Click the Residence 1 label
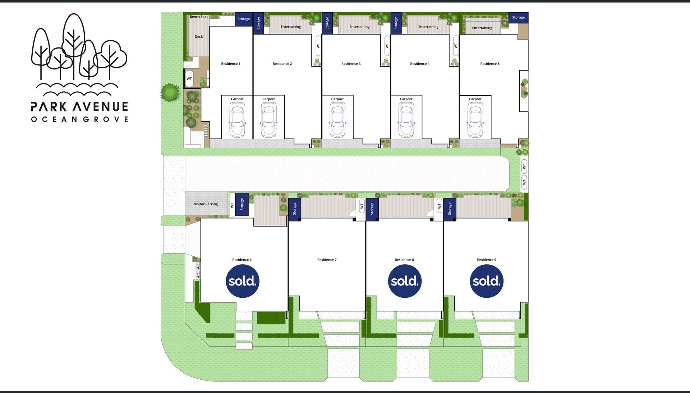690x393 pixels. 230,64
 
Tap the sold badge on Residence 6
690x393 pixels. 243,281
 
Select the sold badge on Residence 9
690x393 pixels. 487,281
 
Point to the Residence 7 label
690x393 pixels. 327,260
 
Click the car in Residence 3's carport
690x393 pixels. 337,120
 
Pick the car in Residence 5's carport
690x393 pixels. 475,120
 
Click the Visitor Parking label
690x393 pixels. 206,204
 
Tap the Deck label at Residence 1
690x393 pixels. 198,36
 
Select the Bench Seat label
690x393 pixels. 198,17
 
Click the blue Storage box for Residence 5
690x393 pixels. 518,17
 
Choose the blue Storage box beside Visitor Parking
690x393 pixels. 241,204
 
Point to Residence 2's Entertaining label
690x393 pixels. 290,27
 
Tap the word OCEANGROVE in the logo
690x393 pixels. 79,119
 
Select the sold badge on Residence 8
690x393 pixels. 405,281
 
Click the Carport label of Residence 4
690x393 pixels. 406,99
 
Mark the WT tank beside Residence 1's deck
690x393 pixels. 189,79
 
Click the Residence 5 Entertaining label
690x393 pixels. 482,28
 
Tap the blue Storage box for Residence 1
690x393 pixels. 244,19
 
